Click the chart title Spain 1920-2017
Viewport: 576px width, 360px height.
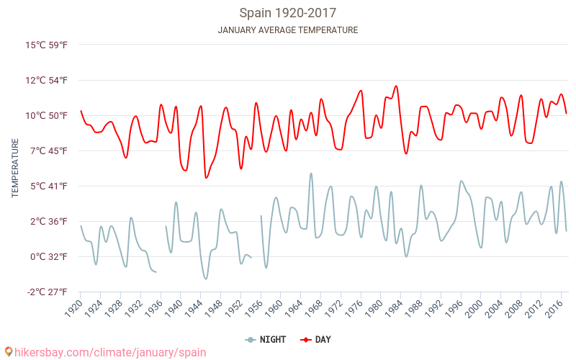tap(287, 13)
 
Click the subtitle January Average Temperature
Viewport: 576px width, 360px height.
tap(287, 30)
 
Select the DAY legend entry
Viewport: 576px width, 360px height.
tap(317, 339)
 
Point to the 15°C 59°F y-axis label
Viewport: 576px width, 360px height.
tap(47, 45)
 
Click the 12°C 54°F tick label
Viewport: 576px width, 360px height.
tap(47, 80)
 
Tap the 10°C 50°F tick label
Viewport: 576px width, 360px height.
tap(47, 115)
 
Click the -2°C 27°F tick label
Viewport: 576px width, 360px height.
tap(47, 292)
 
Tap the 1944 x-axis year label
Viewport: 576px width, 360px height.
tap(192, 309)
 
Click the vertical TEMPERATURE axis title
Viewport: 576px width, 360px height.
tap(15, 168)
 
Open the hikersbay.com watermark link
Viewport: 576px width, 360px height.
tap(105, 352)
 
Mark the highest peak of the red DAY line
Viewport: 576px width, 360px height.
tap(396, 86)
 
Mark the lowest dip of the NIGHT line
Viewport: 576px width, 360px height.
tap(206, 279)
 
